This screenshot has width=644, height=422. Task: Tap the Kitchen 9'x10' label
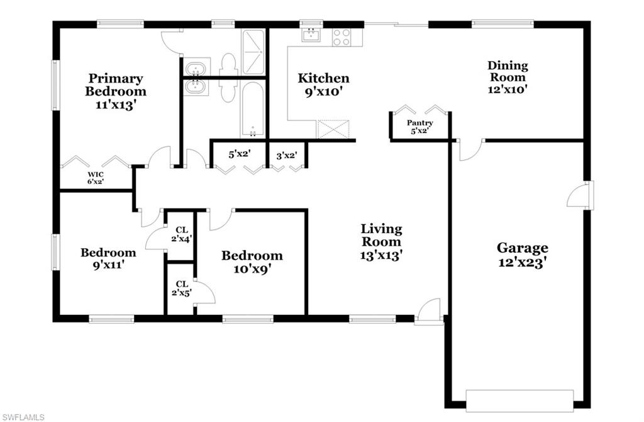click(323, 84)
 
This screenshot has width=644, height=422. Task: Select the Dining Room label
click(508, 77)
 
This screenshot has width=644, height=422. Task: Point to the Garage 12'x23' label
click(522, 254)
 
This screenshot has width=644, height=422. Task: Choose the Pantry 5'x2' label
click(419, 127)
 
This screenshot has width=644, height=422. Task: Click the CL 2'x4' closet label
click(180, 234)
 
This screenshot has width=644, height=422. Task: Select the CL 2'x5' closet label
click(180, 288)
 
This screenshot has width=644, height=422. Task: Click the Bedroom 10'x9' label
click(252, 262)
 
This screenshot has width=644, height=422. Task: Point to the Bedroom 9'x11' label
click(108, 259)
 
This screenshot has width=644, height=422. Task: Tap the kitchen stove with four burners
click(341, 37)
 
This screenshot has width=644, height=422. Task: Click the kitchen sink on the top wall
click(311, 35)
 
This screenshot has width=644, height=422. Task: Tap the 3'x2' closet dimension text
click(286, 154)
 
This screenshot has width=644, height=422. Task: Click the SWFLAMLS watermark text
click(24, 416)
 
